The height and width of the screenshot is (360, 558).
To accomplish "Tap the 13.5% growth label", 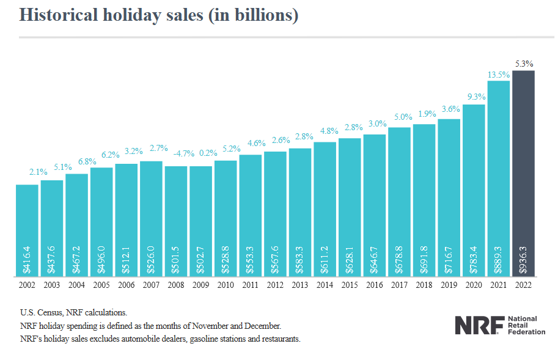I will point(498,75).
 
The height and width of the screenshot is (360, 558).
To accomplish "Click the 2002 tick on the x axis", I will point(27,285).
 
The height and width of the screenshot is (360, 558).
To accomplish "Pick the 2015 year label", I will point(350,285).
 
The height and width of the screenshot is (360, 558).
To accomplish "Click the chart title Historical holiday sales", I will point(159,15).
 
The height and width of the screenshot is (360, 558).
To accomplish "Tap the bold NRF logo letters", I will point(479,325).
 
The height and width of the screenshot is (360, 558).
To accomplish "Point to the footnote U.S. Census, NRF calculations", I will point(73,313).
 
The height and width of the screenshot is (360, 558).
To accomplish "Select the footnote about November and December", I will point(150,326).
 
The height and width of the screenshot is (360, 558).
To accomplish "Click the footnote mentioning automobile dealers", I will point(160,339).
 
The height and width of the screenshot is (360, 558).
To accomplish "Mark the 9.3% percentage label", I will point(474,97).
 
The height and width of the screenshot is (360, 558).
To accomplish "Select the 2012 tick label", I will point(275,285).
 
